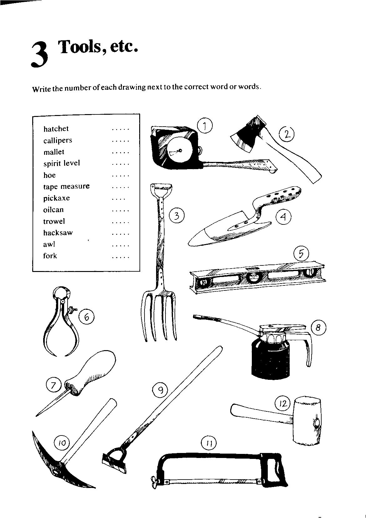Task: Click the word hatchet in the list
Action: coord(56,129)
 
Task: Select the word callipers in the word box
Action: coord(58,140)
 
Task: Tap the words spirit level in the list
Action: coord(62,163)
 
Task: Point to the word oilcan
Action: coord(53,210)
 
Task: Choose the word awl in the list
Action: coord(49,244)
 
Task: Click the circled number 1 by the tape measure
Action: coord(205,126)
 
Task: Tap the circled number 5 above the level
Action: coord(301,254)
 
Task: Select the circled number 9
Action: coord(160,390)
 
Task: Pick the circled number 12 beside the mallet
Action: coord(282,403)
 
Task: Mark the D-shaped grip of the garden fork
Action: coord(161,189)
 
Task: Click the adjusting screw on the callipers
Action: coord(72,310)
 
